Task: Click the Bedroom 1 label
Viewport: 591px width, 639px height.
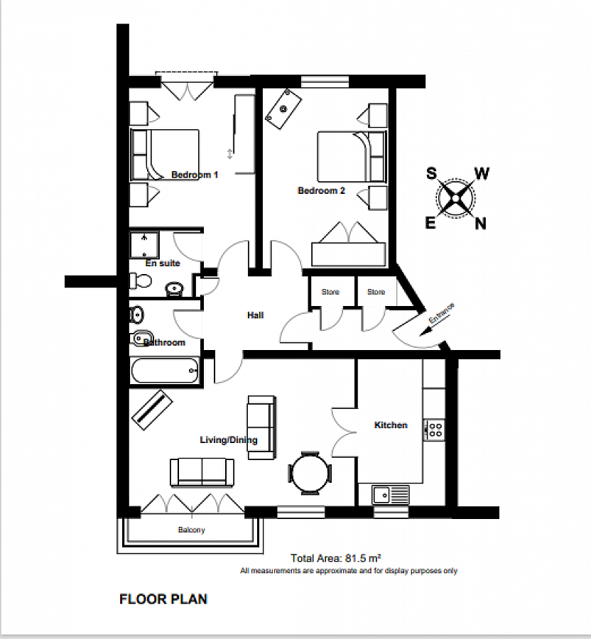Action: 195,175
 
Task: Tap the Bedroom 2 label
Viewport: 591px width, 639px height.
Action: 321,191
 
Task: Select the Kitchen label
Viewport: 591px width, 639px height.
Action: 391,425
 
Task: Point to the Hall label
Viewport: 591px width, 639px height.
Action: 255,315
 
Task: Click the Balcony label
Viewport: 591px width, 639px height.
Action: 191,530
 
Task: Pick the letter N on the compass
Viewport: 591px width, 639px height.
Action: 481,224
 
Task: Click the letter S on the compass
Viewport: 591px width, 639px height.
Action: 431,174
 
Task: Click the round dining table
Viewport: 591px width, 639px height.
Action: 310,473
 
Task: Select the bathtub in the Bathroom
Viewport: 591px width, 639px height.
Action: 165,371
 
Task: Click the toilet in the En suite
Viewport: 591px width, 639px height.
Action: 141,280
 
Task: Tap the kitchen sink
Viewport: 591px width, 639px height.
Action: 391,495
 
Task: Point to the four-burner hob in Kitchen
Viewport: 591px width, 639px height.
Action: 434,430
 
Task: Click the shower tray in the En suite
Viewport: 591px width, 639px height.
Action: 144,246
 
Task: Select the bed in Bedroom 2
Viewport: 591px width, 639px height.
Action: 352,156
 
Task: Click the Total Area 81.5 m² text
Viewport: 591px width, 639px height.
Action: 336,558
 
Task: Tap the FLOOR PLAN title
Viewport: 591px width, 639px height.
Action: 163,599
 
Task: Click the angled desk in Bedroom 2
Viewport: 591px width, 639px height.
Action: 283,109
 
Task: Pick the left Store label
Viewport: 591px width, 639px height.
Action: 330,292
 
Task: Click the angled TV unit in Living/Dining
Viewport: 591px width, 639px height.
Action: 153,410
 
